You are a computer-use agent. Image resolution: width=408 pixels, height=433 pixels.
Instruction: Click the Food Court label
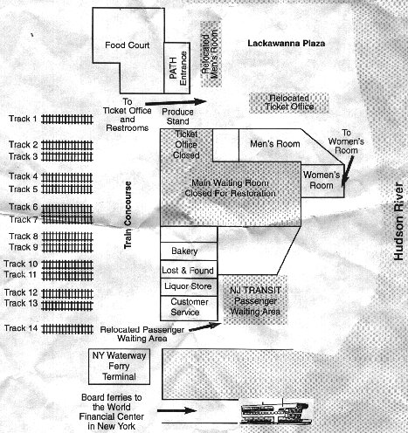(x=129, y=45)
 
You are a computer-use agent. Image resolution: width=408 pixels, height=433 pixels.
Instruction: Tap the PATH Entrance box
(x=174, y=67)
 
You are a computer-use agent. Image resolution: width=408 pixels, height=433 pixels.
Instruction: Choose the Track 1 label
(x=22, y=119)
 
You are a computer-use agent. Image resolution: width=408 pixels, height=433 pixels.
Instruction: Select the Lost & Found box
(x=187, y=270)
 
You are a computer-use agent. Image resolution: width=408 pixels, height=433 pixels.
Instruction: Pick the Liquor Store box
(x=187, y=286)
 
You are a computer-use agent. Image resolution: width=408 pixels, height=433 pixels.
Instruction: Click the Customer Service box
(x=187, y=307)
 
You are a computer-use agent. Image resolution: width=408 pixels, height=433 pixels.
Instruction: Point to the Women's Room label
(x=320, y=180)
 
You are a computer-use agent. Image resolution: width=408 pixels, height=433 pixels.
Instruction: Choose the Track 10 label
(x=22, y=264)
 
